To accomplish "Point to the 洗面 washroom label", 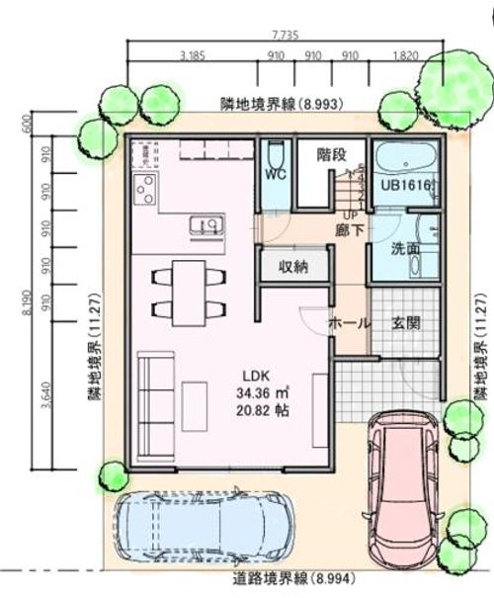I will click(x=404, y=248).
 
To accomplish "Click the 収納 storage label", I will click(x=293, y=266).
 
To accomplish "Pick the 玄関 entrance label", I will click(x=407, y=323).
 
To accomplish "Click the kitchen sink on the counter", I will click(x=204, y=226).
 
